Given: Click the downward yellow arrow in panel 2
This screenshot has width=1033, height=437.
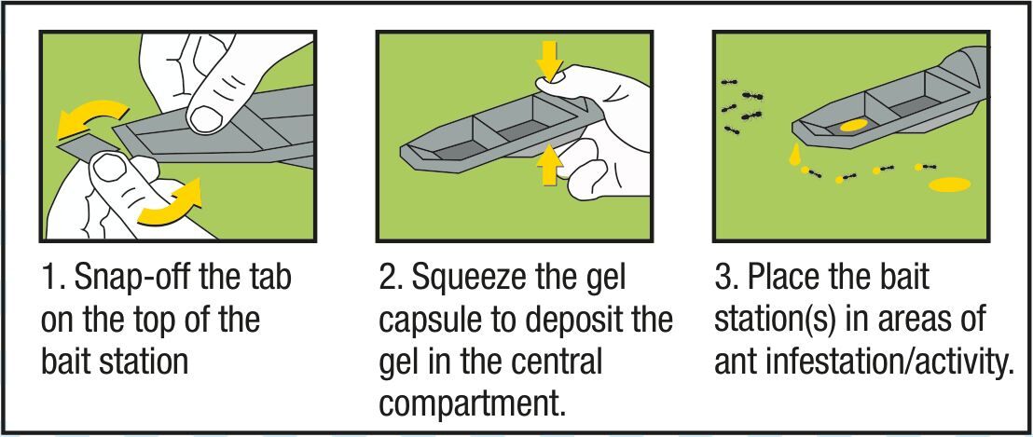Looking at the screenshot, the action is (x=549, y=61).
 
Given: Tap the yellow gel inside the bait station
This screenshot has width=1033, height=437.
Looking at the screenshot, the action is (x=854, y=124).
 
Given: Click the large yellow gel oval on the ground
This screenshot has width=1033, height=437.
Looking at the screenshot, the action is (x=949, y=184).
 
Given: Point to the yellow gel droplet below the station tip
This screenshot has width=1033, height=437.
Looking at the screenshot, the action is (x=795, y=156).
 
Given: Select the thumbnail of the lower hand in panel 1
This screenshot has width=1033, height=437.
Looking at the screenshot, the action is (x=105, y=170).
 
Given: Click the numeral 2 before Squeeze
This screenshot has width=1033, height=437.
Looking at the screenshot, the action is (x=388, y=279).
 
